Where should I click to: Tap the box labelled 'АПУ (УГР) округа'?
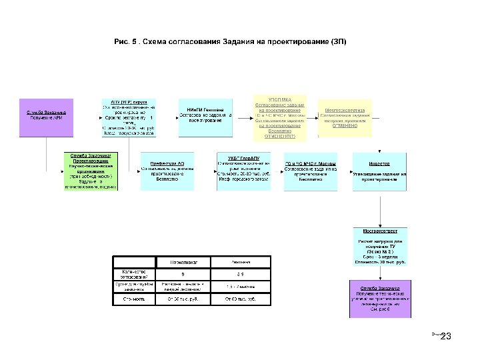point(129,117)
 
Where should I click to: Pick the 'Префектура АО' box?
point(167,171)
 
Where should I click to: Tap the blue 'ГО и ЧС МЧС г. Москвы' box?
point(310,171)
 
